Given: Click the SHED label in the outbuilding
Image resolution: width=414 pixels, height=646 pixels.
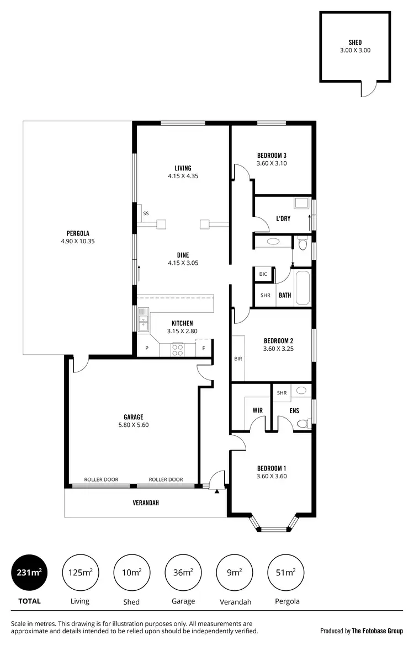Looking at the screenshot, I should coord(355,42).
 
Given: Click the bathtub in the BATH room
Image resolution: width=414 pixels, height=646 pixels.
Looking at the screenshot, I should coord(302,287).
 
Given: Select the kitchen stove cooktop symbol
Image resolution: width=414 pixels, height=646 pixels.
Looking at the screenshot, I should coord(178,349).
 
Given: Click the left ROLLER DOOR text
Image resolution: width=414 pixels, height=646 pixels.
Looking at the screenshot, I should coord(101,479).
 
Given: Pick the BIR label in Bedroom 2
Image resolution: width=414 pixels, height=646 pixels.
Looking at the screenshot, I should coord(238,359).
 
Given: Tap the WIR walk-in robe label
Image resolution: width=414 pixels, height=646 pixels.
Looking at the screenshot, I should coord(257,410).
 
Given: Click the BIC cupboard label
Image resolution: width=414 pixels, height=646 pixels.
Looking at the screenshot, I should coord(263,274).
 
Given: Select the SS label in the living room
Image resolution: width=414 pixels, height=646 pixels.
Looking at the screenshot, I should coord(146,213).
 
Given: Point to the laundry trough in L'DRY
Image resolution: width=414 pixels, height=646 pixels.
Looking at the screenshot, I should coord(301,203).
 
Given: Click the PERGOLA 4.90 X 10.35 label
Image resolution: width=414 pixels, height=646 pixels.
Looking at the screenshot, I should coord(78,237).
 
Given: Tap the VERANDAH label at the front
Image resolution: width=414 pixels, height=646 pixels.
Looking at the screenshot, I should coord(146,503).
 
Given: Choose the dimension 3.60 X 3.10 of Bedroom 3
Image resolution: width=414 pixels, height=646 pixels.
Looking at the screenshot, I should coord(272,163).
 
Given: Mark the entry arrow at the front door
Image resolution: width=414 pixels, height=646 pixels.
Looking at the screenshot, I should coord(217,490).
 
